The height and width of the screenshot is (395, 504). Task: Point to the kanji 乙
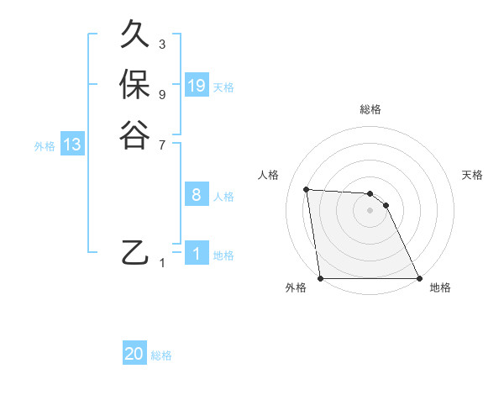pyautogui.click(x=134, y=251)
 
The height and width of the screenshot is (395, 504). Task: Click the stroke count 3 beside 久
pyautogui.click(x=162, y=44)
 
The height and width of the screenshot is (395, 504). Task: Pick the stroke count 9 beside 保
pyautogui.click(x=162, y=94)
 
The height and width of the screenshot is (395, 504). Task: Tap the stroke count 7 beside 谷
pyautogui.click(x=162, y=145)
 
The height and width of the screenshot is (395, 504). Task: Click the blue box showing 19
pyautogui.click(x=197, y=86)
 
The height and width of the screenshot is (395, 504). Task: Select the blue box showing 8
pyautogui.click(x=197, y=195)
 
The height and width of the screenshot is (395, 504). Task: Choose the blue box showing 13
pyautogui.click(x=72, y=145)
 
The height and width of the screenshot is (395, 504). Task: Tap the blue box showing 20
pyautogui.click(x=134, y=355)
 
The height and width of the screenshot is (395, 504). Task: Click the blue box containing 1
pyautogui.click(x=197, y=254)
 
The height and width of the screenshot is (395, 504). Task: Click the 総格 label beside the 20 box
pyautogui.click(x=161, y=355)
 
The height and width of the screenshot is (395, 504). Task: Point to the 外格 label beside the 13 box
pyautogui.click(x=45, y=145)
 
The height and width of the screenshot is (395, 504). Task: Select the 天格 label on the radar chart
pyautogui.click(x=473, y=175)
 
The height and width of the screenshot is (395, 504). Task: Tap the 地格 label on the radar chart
pyautogui.click(x=440, y=287)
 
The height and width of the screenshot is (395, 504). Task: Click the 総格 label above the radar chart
pyautogui.click(x=370, y=109)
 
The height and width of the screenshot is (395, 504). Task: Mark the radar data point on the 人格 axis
pyautogui.click(x=306, y=189)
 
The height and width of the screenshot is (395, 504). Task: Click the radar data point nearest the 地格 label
pyautogui.click(x=419, y=278)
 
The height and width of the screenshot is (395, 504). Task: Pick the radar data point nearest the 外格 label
pyautogui.click(x=321, y=278)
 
